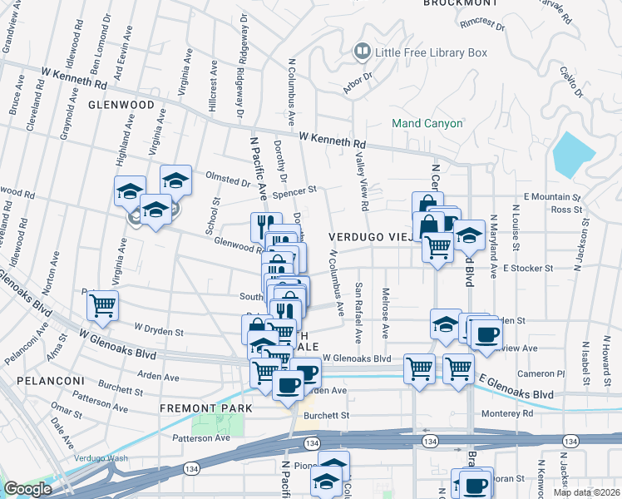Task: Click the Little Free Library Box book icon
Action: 362,52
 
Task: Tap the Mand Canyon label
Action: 427,124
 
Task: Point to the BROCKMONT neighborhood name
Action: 460,3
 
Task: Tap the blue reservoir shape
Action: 574,154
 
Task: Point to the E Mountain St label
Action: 551,197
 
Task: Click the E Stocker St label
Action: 528,269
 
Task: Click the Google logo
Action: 27,489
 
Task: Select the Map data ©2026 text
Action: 585,492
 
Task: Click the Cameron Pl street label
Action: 541,373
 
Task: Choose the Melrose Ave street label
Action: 385,314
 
